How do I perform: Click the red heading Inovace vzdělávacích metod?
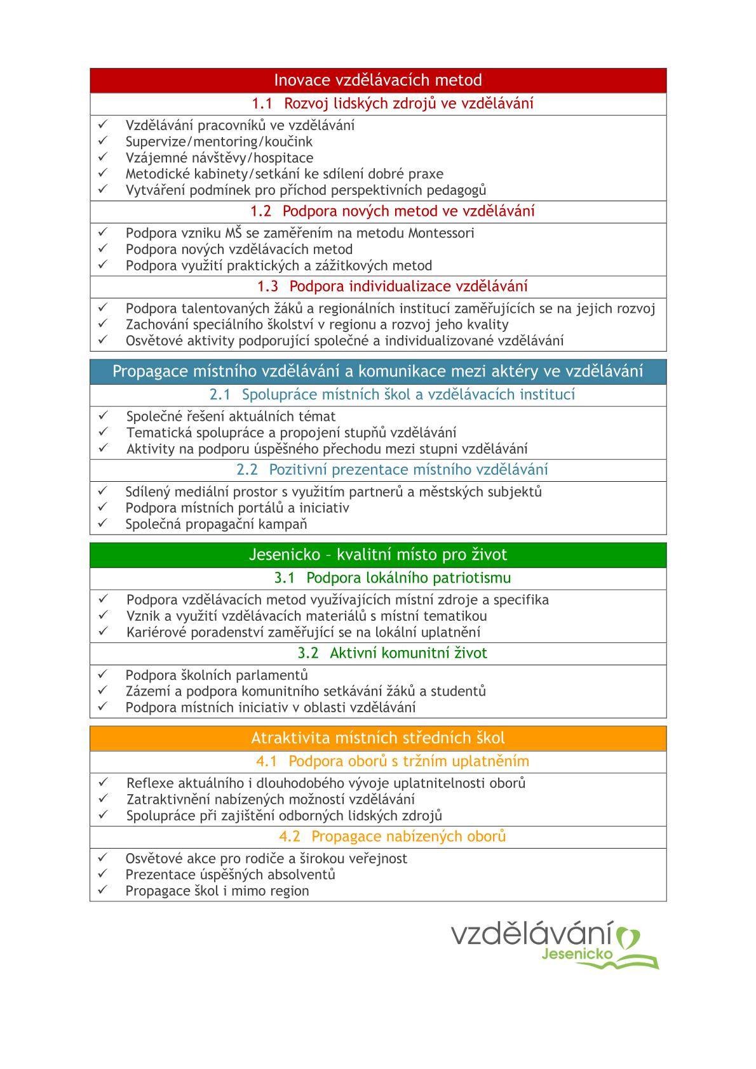pyautogui.click(x=378, y=81)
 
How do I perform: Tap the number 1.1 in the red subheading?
pyautogui.click(x=262, y=103)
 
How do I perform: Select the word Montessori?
pyautogui.click(x=441, y=233)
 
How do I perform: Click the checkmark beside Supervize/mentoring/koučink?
pyautogui.click(x=102, y=141)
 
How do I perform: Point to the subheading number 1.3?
pyautogui.click(x=267, y=286)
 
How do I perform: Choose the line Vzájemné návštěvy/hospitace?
pyautogui.click(x=219, y=157)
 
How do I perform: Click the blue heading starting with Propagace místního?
pyautogui.click(x=378, y=371)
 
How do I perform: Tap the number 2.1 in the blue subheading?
pyautogui.click(x=220, y=395)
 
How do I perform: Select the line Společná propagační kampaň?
pyautogui.click(x=216, y=524)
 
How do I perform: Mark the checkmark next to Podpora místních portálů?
pyautogui.click(x=102, y=507)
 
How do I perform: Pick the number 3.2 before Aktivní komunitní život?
pyautogui.click(x=308, y=653)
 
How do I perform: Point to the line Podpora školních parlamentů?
pyautogui.click(x=217, y=675)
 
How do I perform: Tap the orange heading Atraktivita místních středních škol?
pyautogui.click(x=378, y=738)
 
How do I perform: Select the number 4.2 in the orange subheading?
pyautogui.click(x=290, y=837)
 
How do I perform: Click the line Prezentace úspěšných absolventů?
pyautogui.click(x=230, y=875)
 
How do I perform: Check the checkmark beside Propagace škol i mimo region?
pyautogui.click(x=102, y=890)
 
